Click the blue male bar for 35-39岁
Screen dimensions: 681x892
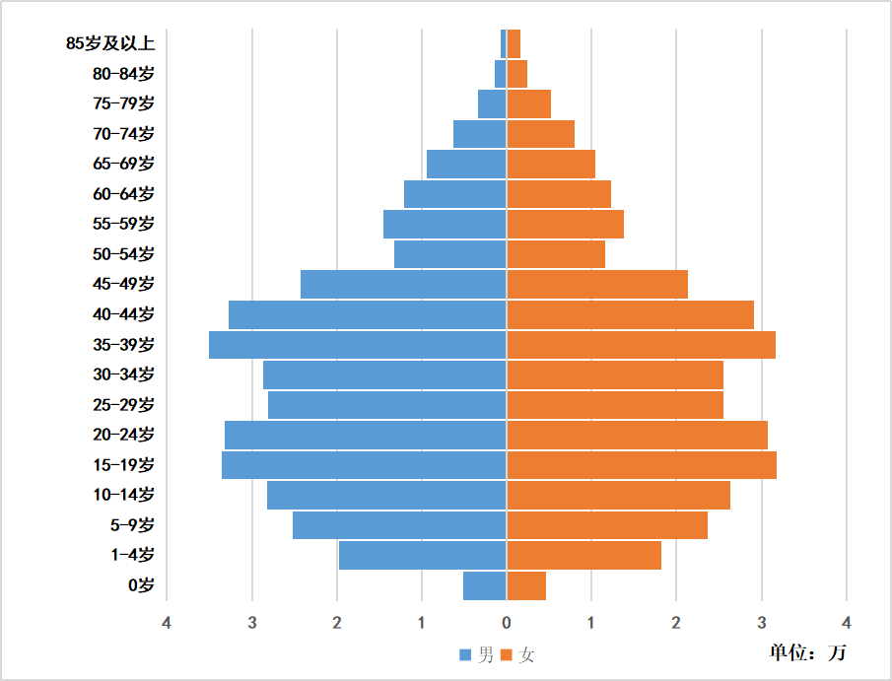click(x=358, y=345)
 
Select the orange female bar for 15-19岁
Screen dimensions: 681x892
click(x=642, y=465)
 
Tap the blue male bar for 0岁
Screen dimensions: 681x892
click(x=485, y=585)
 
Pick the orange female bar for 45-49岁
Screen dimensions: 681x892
click(x=597, y=285)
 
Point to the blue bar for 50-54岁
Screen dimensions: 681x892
click(x=450, y=254)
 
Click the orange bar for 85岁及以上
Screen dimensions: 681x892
click(x=514, y=43)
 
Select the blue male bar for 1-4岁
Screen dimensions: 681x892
click(x=423, y=556)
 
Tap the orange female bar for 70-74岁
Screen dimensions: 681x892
click(x=540, y=134)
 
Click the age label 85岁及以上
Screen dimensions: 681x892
click(x=110, y=43)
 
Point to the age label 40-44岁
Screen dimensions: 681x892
click(x=123, y=314)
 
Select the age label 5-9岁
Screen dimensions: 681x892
click(x=133, y=525)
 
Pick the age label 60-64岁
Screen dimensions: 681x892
click(x=123, y=194)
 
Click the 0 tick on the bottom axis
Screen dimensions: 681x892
click(x=507, y=623)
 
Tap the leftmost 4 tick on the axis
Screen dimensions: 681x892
click(x=167, y=623)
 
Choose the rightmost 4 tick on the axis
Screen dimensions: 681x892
click(x=847, y=623)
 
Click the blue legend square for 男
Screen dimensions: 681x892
click(x=465, y=655)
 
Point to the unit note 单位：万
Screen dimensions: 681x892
click(x=807, y=652)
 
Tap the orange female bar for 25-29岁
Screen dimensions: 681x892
click(x=615, y=405)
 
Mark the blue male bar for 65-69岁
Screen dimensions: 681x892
click(x=466, y=165)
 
